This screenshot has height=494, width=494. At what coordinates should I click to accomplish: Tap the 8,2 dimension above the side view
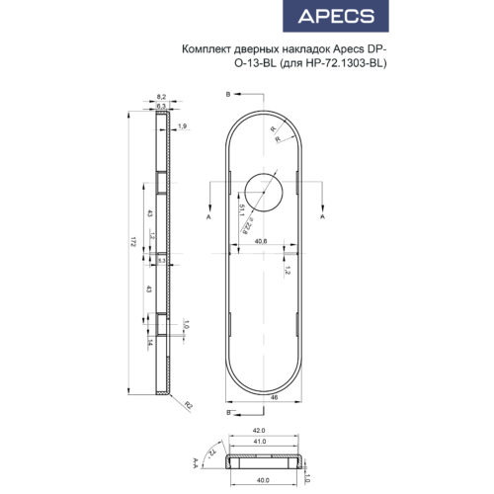click(x=161, y=96)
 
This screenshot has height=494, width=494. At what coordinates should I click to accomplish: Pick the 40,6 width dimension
click(x=262, y=241)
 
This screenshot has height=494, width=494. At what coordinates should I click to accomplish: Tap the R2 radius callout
click(x=184, y=405)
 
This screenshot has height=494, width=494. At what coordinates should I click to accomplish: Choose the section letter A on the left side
click(x=207, y=214)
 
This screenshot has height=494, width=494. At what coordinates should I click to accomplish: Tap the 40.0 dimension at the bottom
click(x=262, y=481)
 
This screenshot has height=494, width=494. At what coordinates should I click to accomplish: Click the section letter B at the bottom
click(x=228, y=414)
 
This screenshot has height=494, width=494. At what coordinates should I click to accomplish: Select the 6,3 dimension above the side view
click(x=161, y=105)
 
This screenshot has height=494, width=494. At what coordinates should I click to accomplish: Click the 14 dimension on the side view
click(x=149, y=341)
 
